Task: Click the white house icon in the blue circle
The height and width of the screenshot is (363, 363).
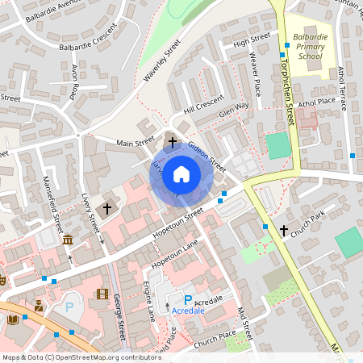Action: [181, 173]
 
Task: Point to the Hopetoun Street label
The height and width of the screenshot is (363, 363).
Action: [177, 225]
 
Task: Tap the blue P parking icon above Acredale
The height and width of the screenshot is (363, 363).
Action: [188, 298]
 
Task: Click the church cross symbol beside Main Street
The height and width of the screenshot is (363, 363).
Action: [172, 141]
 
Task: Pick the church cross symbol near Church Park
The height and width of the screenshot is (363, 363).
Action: [283, 231]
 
